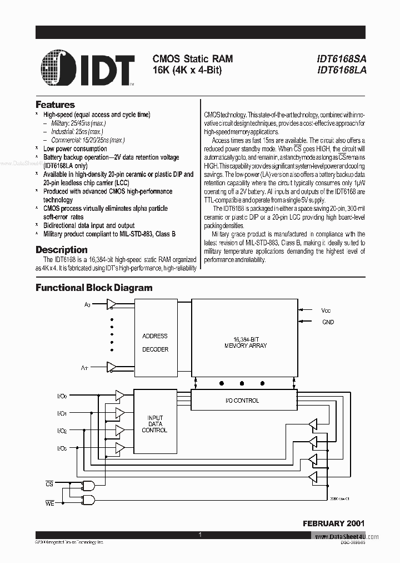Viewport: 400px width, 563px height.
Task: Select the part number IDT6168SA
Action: (342, 58)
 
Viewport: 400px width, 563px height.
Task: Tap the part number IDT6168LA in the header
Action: (342, 70)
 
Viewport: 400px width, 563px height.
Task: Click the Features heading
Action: (55, 105)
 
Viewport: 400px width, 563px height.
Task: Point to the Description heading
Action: (62, 250)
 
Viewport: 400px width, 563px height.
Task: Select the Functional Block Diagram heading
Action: (94, 288)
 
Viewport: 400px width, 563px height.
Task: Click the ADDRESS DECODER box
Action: (154, 343)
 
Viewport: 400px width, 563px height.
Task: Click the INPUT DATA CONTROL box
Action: (154, 423)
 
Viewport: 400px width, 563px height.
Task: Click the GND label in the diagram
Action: (328, 322)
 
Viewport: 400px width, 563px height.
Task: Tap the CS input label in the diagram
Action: (49, 485)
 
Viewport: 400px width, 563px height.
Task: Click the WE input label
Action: (49, 503)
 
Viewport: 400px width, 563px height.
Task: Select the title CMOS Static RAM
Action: (192, 58)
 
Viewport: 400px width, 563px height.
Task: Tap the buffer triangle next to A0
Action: (112, 304)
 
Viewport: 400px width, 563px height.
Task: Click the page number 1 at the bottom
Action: (199, 535)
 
